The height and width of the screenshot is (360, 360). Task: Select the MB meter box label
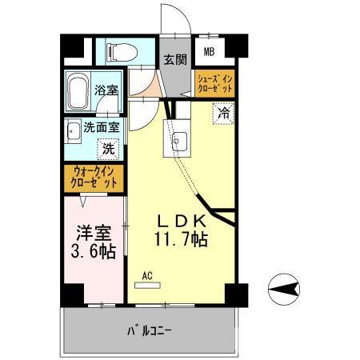(x=209, y=54)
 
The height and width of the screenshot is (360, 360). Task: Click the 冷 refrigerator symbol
(x=224, y=114)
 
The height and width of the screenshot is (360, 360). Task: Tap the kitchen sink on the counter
(x=177, y=143)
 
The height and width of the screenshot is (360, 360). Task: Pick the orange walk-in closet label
(x=94, y=177)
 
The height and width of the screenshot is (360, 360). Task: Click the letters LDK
(x=182, y=221)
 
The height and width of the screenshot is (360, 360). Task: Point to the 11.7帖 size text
(x=182, y=239)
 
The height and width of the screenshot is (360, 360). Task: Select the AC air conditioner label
(x=146, y=277)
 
